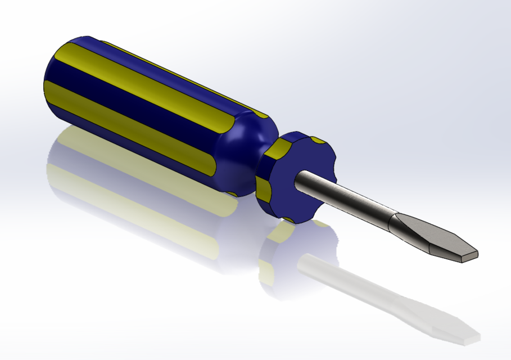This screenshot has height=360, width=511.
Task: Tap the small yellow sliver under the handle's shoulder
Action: [x=230, y=193]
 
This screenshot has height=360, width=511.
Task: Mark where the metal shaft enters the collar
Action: [x=301, y=177]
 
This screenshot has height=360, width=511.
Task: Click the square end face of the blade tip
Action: [x=469, y=256]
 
